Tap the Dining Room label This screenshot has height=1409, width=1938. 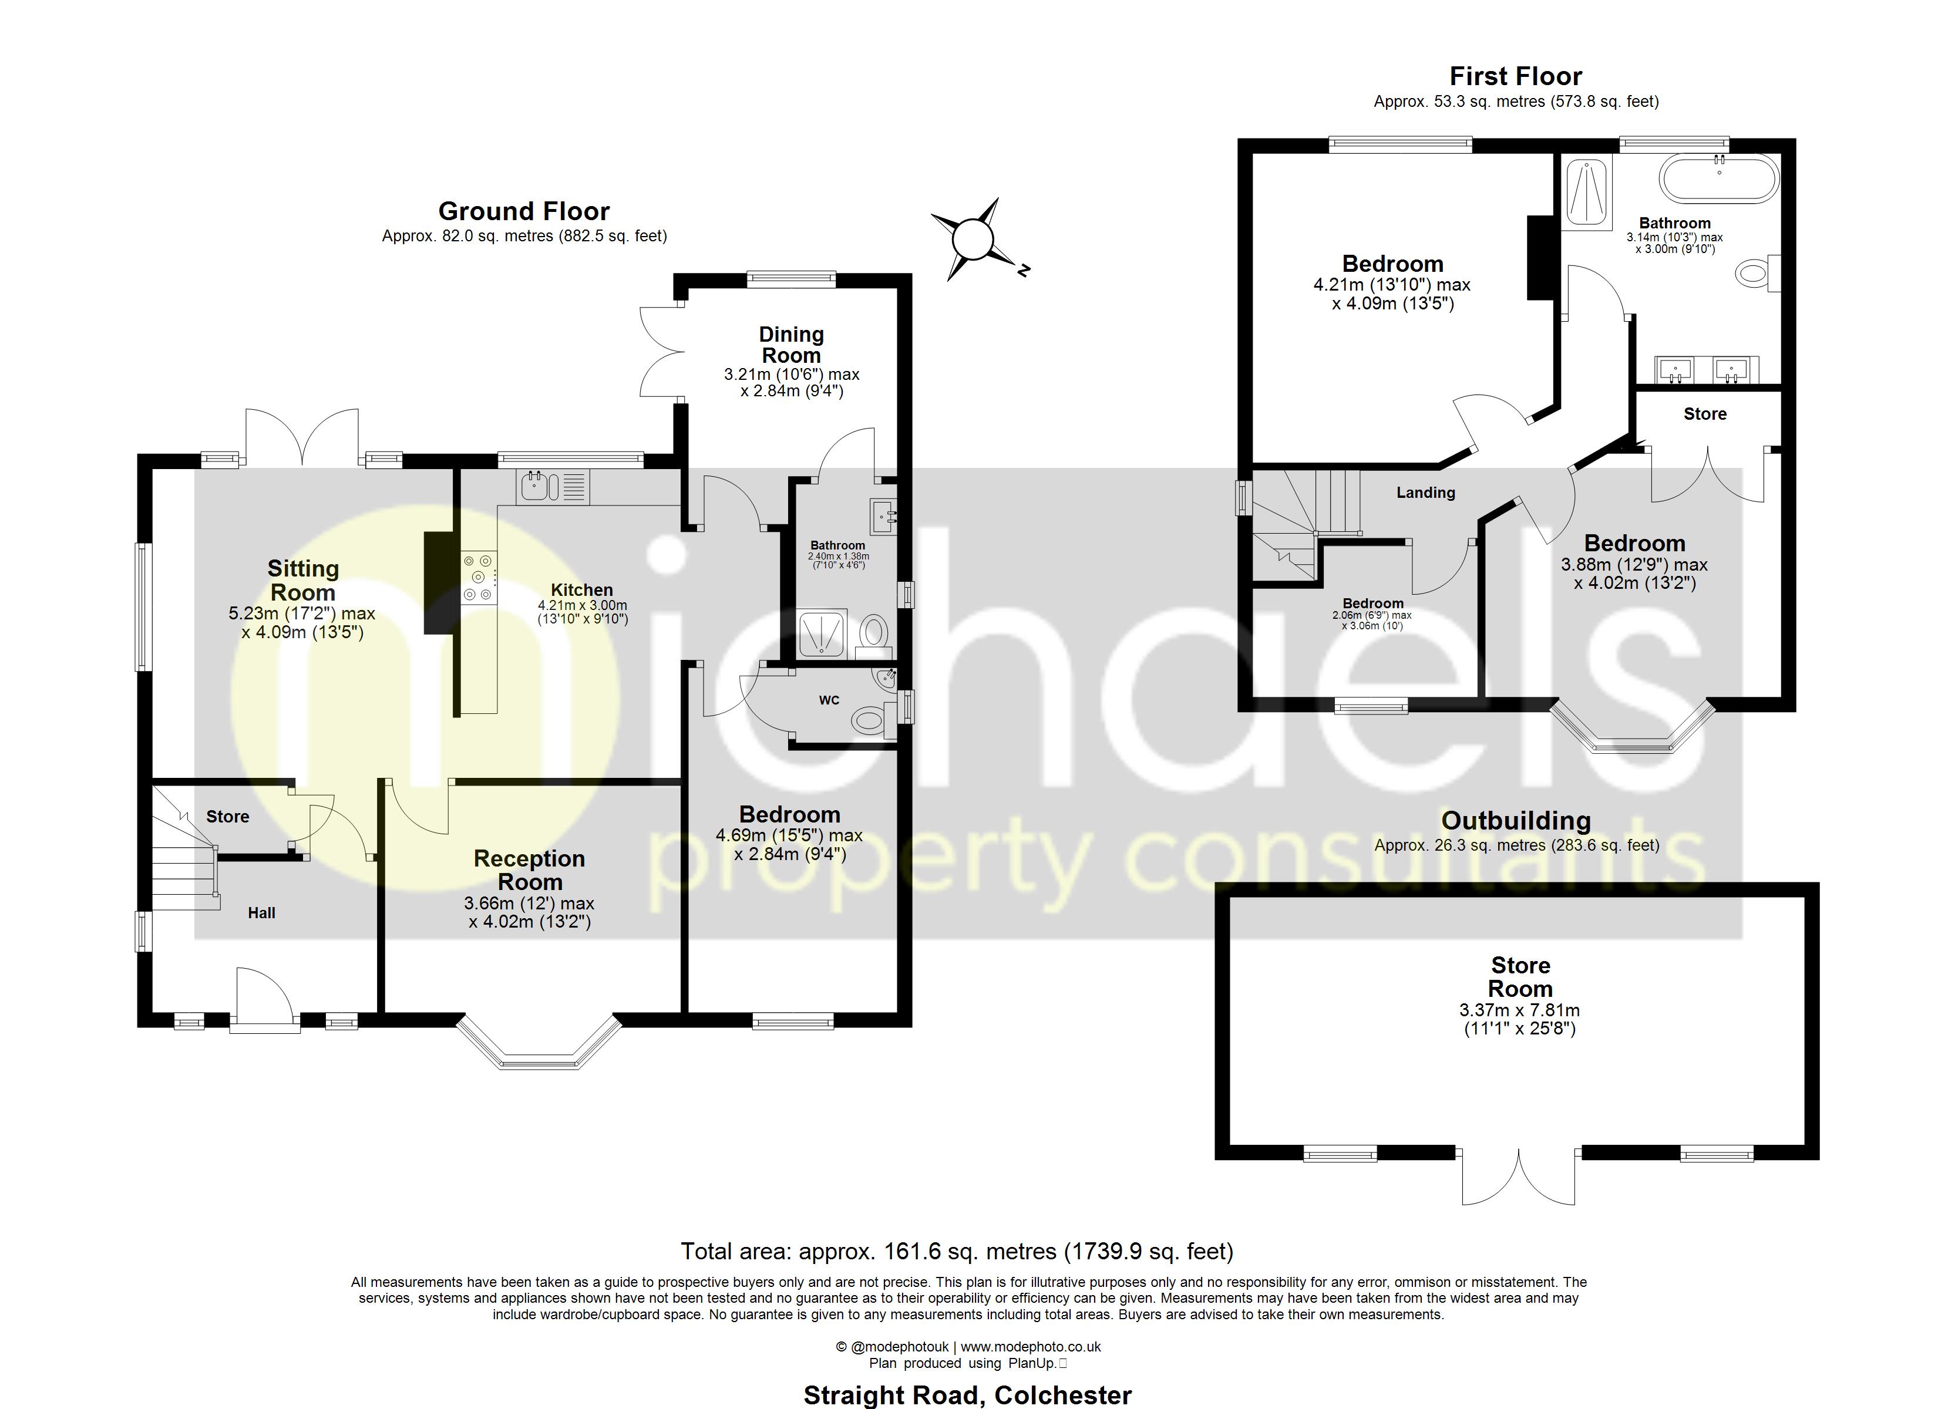click(791, 345)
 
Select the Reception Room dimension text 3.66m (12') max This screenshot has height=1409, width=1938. click(529, 903)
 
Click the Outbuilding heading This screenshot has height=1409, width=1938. click(1516, 820)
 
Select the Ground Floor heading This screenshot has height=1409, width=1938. click(524, 211)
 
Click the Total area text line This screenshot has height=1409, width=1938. click(956, 1252)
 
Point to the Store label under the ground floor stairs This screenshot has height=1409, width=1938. click(227, 817)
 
